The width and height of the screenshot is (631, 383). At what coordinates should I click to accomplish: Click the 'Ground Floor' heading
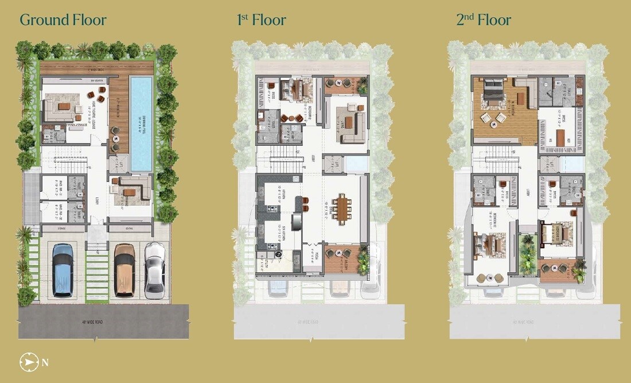click(63, 20)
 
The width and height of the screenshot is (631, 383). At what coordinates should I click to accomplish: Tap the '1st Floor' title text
click(262, 20)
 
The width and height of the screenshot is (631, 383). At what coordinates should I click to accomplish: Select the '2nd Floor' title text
click(484, 20)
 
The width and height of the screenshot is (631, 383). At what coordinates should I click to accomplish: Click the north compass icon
click(27, 362)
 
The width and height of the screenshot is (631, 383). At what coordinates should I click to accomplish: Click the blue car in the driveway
click(63, 270)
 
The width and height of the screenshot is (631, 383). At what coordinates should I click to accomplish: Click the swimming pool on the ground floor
click(141, 123)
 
